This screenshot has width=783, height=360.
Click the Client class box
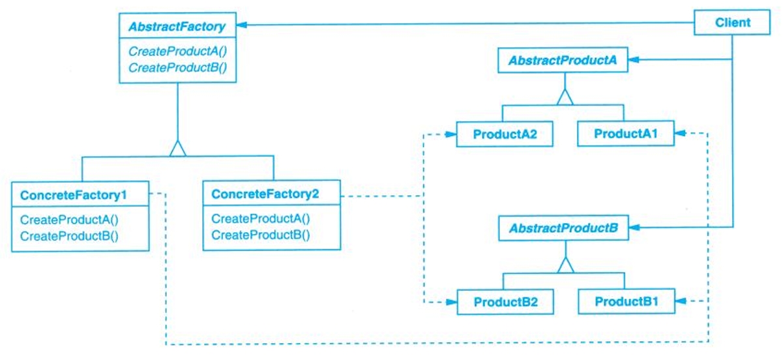(732, 23)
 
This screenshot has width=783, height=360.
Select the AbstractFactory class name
(177, 27)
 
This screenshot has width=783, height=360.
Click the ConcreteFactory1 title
(74, 195)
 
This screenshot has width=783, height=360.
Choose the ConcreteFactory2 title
(265, 194)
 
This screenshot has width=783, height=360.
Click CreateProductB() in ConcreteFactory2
(261, 235)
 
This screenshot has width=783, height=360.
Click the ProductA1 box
(625, 134)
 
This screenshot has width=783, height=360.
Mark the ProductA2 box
(504, 135)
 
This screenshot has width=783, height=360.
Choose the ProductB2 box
(505, 303)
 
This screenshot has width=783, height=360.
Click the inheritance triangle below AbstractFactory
(177, 149)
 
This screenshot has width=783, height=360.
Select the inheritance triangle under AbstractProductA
(564, 98)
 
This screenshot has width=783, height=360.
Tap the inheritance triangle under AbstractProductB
(565, 265)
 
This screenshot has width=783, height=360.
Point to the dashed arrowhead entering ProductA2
(451, 135)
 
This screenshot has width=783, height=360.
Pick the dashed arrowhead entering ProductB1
(680, 302)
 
